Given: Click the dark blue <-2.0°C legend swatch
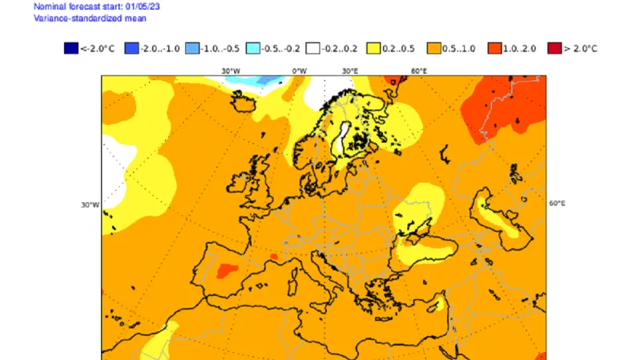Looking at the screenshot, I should click(x=71, y=49).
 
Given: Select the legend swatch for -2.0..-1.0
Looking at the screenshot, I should click(x=133, y=49).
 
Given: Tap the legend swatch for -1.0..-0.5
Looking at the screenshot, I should click(x=192, y=49).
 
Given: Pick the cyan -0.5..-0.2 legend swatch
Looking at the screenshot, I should click(x=252, y=49).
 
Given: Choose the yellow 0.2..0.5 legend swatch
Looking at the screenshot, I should click(x=373, y=49).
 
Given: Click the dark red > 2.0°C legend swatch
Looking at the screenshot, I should click(x=553, y=49).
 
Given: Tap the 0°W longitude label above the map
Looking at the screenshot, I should click(x=300, y=71).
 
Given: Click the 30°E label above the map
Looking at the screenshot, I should click(x=350, y=71).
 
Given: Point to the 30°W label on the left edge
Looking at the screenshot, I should click(x=89, y=204).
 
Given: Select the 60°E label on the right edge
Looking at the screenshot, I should click(x=557, y=204).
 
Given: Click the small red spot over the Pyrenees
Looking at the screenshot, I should click(x=274, y=257).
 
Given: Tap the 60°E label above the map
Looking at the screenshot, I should click(x=418, y=71).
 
